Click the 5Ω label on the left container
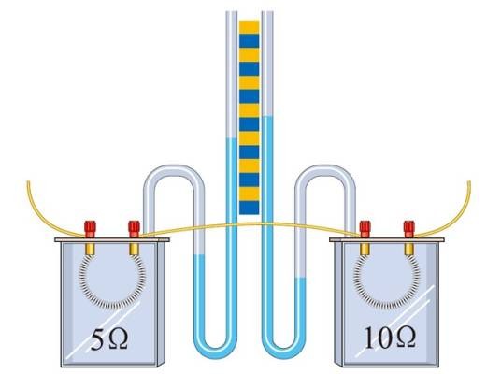[x=109, y=339]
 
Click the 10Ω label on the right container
[x=390, y=338]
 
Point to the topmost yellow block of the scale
[x=250, y=27]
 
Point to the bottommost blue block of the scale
[x=250, y=208]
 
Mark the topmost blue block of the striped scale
[x=250, y=40]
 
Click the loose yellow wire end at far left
[x=28, y=182]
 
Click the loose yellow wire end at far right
[x=469, y=182]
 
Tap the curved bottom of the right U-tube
[x=284, y=351]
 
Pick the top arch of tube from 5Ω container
[x=174, y=170]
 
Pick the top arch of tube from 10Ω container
[x=325, y=170]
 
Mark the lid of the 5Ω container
[x=112, y=239]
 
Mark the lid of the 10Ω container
[x=387, y=239]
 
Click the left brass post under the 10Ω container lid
[x=365, y=249]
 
